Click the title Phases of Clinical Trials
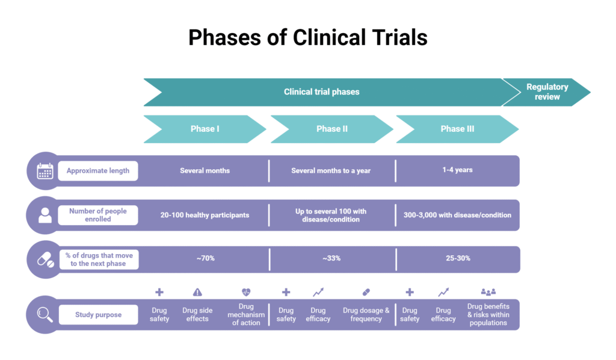pyautogui.click(x=307, y=37)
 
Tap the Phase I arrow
pyautogui.click(x=205, y=129)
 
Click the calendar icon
pyautogui.click(x=45, y=171)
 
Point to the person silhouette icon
pyautogui.click(x=45, y=216)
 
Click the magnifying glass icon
pyautogui.click(x=45, y=314)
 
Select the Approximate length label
pyautogui.click(x=98, y=171)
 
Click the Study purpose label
pyautogui.click(x=98, y=314)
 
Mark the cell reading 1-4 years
pyautogui.click(x=457, y=170)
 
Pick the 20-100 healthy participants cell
pyautogui.click(x=205, y=216)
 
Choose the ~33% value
pyautogui.click(x=331, y=258)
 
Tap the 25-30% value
pyautogui.click(x=457, y=258)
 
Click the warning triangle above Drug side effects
pyautogui.click(x=197, y=293)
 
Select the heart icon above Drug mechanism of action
pyautogui.click(x=246, y=292)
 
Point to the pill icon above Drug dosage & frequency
pyautogui.click(x=366, y=292)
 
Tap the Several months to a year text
pyautogui.click(x=331, y=171)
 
